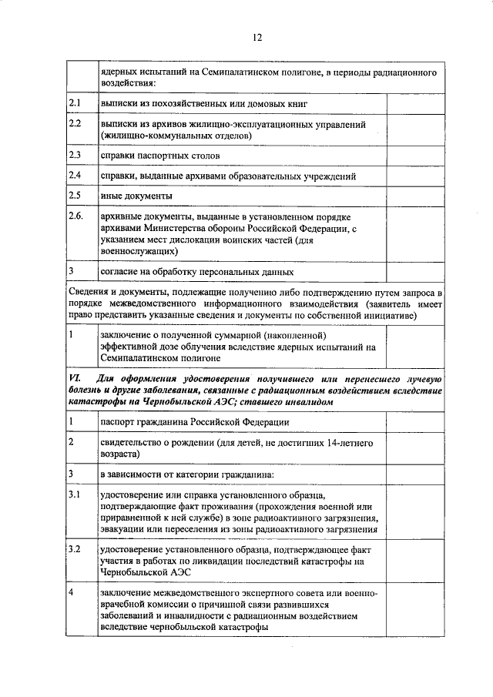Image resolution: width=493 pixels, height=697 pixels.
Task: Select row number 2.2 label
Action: click(x=75, y=123)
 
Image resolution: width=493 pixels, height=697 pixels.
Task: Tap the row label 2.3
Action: click(x=75, y=155)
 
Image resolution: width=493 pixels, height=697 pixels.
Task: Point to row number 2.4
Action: click(x=75, y=176)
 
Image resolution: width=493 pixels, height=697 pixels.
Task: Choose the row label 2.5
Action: click(x=75, y=196)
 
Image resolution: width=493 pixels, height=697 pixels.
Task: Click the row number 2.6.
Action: click(x=76, y=217)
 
